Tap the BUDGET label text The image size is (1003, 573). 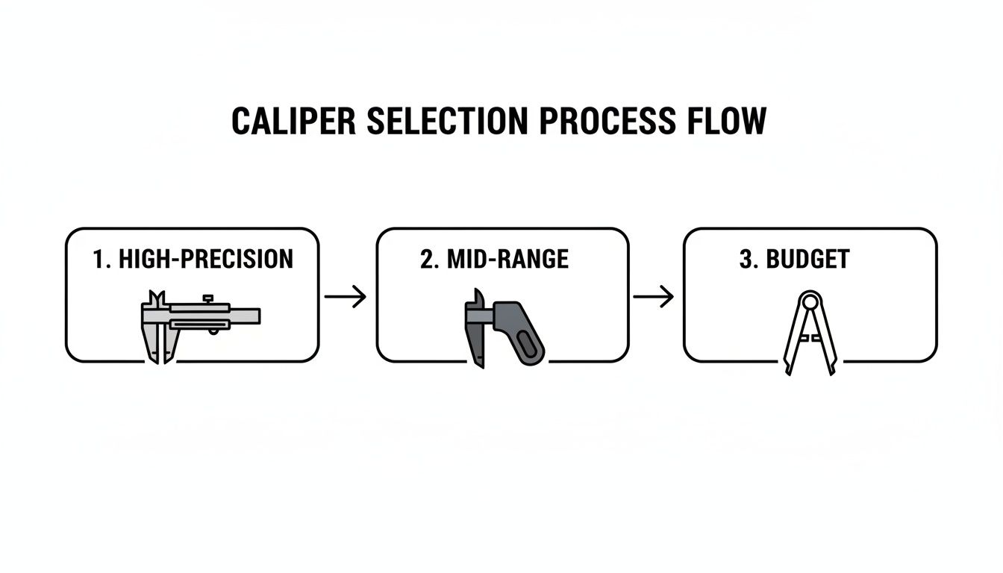point(807,260)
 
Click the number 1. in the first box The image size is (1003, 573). point(102,260)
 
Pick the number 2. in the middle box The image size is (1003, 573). point(431,260)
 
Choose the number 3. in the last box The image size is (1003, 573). point(749,260)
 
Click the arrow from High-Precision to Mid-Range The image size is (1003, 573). point(346,297)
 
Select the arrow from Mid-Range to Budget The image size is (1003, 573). point(654,297)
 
